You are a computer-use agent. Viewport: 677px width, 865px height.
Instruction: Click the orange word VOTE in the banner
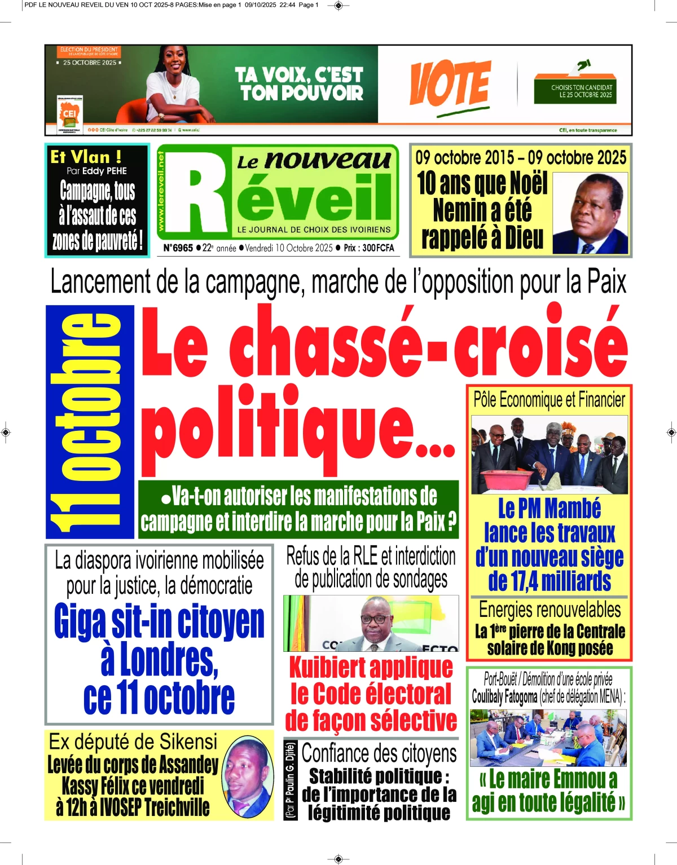click(450, 85)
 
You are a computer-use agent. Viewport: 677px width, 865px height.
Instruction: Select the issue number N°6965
click(178, 248)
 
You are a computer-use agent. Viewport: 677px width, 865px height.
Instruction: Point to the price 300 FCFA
click(378, 248)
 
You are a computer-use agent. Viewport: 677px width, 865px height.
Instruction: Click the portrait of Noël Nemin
click(590, 213)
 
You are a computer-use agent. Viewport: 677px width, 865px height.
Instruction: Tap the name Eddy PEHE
click(104, 171)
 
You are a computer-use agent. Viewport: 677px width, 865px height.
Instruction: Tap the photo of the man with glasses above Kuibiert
click(371, 623)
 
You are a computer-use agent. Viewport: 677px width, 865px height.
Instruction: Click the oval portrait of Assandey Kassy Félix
click(248, 777)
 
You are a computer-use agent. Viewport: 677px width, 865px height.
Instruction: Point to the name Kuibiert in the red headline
click(327, 668)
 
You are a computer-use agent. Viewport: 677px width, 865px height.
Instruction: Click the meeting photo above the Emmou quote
click(549, 737)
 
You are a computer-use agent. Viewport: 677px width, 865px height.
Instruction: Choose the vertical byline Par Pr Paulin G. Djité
click(291, 780)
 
